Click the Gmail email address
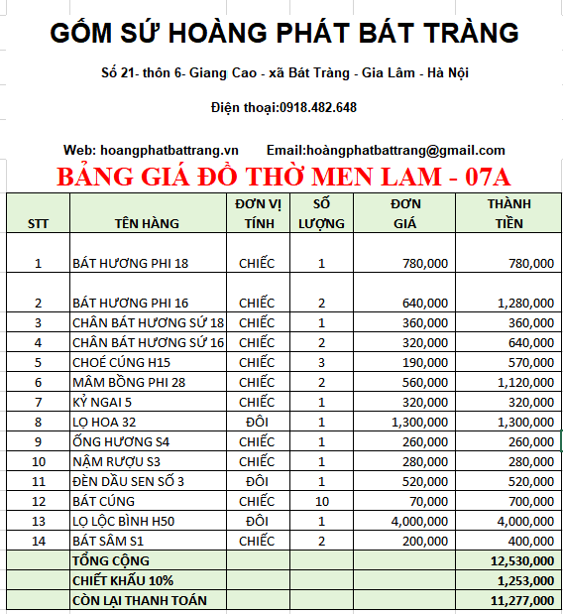point(405,150)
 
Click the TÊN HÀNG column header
point(147,223)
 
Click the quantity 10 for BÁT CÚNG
point(322,501)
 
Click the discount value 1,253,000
point(524,580)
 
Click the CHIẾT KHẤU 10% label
point(121,580)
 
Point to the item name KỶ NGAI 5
point(102,402)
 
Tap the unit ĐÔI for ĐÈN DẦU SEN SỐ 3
point(257,481)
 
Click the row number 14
point(39,541)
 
